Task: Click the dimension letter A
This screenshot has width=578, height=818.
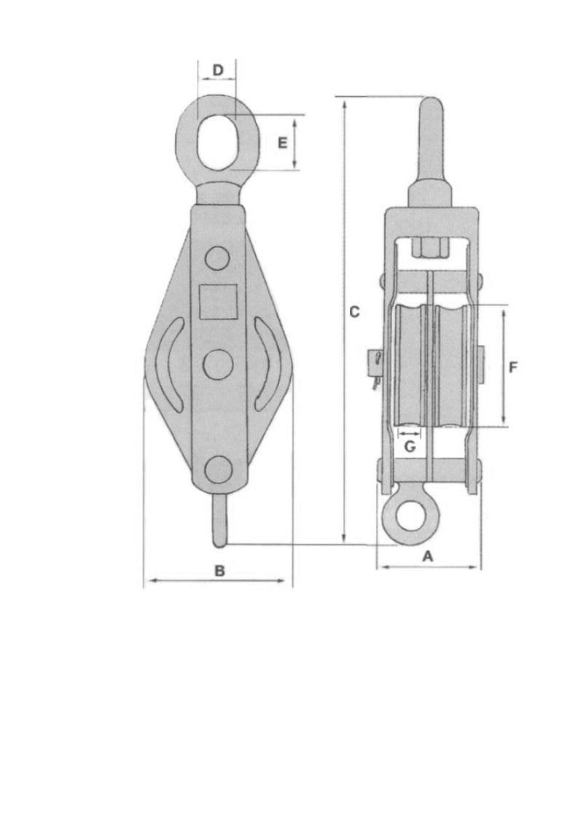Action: [x=429, y=556]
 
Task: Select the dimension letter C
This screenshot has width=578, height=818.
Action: [x=354, y=311]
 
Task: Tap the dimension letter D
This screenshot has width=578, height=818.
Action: [x=217, y=70]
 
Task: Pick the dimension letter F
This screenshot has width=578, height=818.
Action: [x=513, y=367]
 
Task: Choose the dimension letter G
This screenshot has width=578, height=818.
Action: [x=410, y=446]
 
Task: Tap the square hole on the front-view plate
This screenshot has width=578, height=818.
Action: [x=219, y=301]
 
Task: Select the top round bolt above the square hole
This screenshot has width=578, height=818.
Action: [x=216, y=257]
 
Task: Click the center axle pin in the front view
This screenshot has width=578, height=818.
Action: [x=217, y=364]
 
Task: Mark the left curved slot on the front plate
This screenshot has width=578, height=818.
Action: [x=167, y=362]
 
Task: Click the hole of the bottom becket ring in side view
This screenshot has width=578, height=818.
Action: [x=407, y=515]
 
